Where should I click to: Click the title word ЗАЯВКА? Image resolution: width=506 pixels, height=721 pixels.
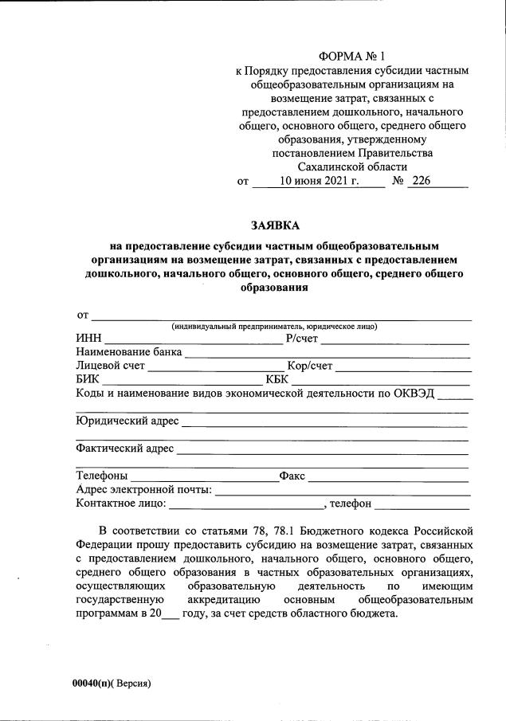pyautogui.click(x=274, y=225)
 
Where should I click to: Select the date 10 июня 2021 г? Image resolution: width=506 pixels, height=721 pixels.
pyautogui.click(x=320, y=181)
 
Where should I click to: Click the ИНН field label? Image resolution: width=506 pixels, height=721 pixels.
pyautogui.click(x=89, y=338)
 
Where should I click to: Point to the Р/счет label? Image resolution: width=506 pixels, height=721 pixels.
pyautogui.click(x=302, y=338)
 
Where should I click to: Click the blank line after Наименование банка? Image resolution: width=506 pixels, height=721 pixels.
pyautogui.click(x=327, y=353)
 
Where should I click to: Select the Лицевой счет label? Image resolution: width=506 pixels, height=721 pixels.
pyautogui.click(x=110, y=366)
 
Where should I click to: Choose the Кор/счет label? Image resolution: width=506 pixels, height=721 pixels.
pyautogui.click(x=310, y=366)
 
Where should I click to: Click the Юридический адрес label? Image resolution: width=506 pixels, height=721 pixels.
pyautogui.click(x=127, y=421)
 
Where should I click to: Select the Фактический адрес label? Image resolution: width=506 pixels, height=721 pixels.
pyautogui.click(x=125, y=449)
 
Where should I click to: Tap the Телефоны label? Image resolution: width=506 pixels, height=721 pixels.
pyautogui.click(x=102, y=476)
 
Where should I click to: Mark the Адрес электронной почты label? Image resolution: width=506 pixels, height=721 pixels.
pyautogui.click(x=143, y=489)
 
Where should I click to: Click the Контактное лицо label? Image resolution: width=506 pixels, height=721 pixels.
pyautogui.click(x=120, y=503)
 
